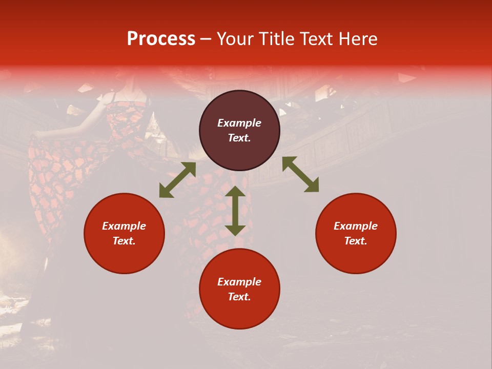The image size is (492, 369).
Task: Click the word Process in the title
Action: coord(161,39)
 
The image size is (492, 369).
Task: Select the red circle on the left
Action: coord(124,256)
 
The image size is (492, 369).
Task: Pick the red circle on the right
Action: coord(356,256)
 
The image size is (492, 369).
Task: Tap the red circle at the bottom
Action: coord(239,313)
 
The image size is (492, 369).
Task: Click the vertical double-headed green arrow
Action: coord(235,211)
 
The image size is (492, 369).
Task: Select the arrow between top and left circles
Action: coord(177,180)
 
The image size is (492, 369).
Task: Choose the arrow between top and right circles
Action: coord(300,174)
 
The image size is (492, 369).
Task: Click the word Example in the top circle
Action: coord(239,123)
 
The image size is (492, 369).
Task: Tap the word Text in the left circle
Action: coord(124,241)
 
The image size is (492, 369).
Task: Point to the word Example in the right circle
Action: coord(356,226)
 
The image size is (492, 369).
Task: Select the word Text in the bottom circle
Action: coord(239,297)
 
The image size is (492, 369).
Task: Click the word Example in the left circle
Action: coord(124,226)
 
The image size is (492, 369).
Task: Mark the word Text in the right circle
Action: coord(356,241)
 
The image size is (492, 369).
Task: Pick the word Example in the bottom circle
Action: coord(239,282)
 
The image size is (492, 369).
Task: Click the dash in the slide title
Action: coord(206,39)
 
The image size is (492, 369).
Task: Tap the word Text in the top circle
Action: coord(239,138)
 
